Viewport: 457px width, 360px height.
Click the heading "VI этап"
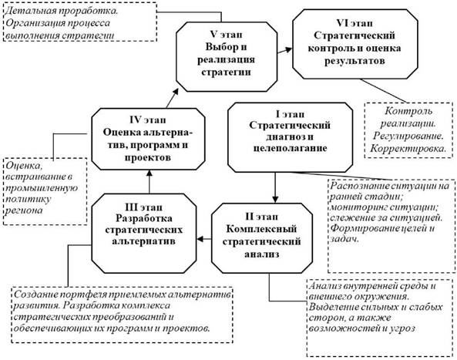[355, 23]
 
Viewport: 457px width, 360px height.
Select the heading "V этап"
[226, 35]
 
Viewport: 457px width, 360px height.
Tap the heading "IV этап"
[148, 119]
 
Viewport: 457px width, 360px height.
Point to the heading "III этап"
[143, 207]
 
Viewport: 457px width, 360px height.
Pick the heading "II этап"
[261, 217]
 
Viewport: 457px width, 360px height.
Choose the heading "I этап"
[290, 114]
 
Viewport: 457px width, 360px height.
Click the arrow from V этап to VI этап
[284, 50]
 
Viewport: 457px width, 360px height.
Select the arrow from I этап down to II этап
[275, 187]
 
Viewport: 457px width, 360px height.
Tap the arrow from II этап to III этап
[204, 239]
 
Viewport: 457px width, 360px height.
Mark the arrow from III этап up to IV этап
[150, 182]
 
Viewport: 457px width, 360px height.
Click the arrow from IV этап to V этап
[173, 98]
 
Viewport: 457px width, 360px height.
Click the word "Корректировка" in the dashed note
[408, 149]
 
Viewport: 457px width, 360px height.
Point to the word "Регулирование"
[408, 136]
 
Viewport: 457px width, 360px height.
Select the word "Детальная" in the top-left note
[31, 11]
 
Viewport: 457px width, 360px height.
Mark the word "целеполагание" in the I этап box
[290, 148]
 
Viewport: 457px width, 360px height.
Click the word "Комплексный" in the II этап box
[261, 229]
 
